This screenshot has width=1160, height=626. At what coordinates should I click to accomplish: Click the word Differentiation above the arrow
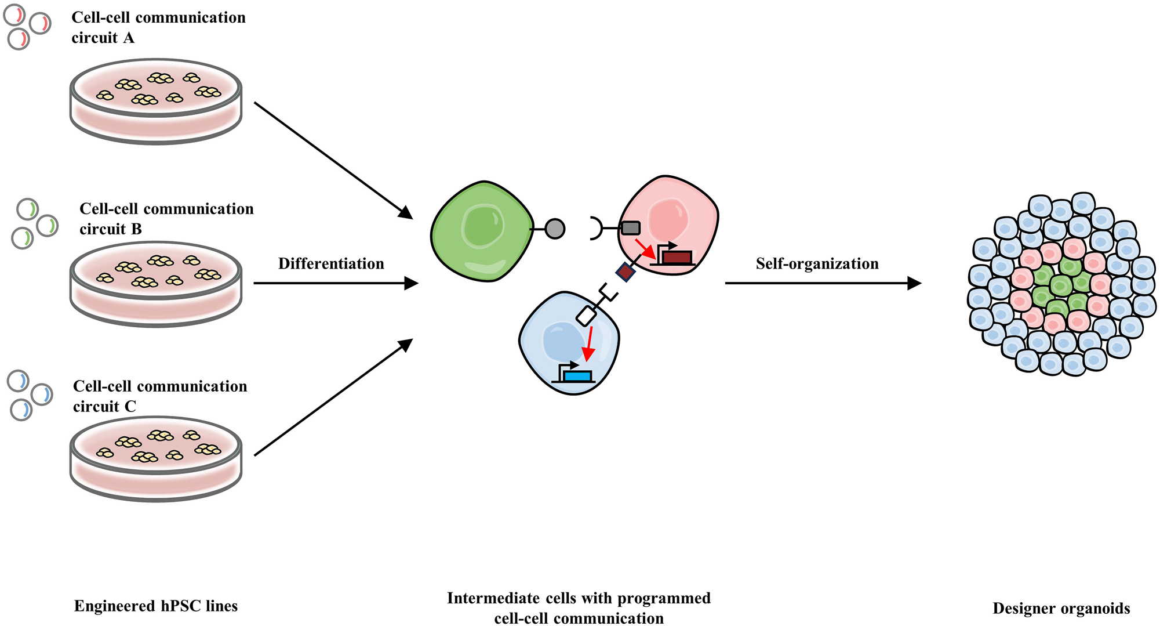[331, 263]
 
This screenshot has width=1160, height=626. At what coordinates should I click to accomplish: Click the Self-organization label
[817, 263]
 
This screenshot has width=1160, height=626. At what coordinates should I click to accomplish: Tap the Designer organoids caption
[1061, 608]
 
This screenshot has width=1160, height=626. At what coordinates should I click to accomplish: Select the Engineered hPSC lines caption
[156, 606]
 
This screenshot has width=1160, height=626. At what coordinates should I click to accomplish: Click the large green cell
[482, 232]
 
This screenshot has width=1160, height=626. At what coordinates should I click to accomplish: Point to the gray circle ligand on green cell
[555, 229]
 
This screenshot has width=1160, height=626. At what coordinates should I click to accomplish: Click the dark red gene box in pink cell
[677, 257]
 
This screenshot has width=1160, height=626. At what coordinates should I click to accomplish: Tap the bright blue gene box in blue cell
[577, 376]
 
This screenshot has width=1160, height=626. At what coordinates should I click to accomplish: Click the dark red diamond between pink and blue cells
[625, 272]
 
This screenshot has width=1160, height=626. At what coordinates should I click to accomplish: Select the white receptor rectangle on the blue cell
[586, 316]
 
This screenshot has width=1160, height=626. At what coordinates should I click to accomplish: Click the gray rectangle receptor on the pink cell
[631, 228]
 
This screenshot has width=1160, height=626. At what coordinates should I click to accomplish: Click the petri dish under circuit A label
[156, 101]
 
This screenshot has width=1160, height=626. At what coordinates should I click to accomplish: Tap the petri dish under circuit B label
[156, 284]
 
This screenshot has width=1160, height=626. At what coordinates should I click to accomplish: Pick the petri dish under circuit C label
[156, 458]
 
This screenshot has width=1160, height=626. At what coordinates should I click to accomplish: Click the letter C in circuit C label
[130, 406]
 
